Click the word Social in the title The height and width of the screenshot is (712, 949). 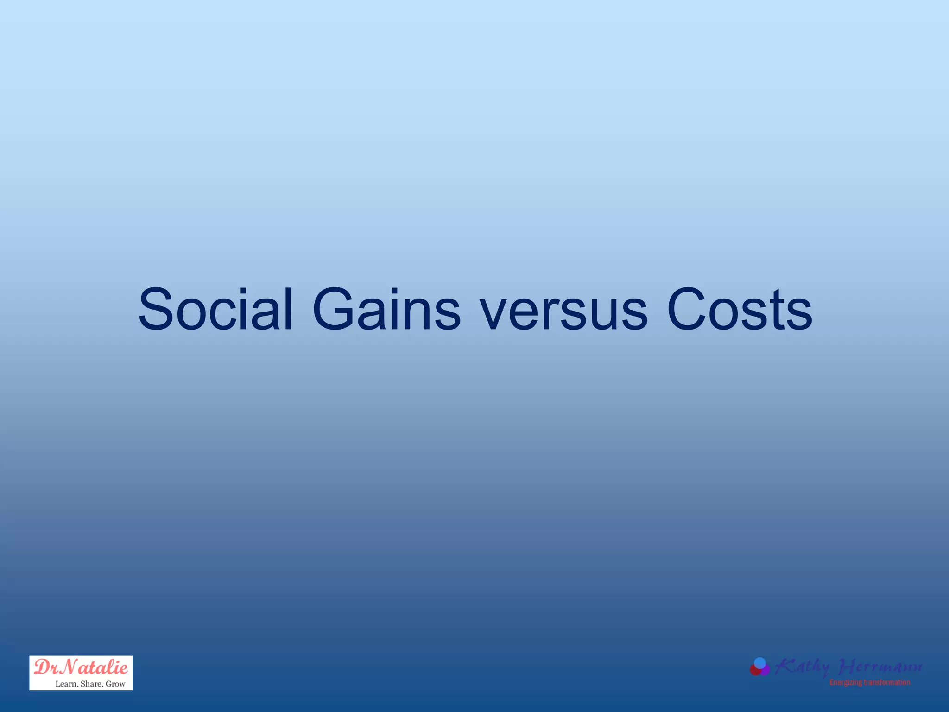pos(215,310)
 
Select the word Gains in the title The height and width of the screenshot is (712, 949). pos(386,310)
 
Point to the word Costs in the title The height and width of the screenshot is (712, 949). pos(740,310)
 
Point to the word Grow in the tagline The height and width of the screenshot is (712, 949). pos(115,684)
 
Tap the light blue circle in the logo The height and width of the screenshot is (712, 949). pos(760,663)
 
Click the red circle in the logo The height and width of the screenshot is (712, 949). pos(755,670)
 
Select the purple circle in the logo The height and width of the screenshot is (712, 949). pos(765,670)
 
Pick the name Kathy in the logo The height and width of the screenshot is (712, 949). pos(803,667)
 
